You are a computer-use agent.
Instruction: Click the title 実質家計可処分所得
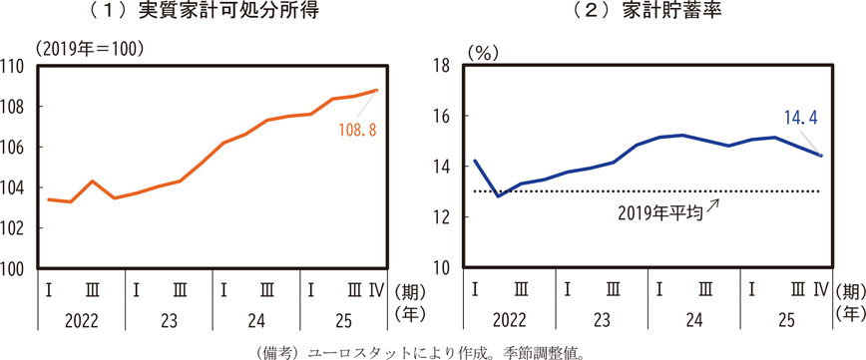click(x=228, y=12)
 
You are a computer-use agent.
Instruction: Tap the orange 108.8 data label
click(x=358, y=132)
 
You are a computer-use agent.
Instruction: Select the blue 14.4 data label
click(x=800, y=117)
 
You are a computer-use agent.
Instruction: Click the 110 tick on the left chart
click(x=14, y=66)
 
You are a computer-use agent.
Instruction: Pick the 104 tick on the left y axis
click(x=14, y=187)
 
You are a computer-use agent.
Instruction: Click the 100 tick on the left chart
click(x=14, y=269)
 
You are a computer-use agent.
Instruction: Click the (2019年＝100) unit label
click(x=90, y=49)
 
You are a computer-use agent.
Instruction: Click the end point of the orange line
click(x=376, y=90)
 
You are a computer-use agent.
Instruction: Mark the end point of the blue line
click(x=821, y=156)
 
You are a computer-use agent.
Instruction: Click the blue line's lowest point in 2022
click(x=498, y=196)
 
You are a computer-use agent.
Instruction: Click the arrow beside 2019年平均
click(x=713, y=205)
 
